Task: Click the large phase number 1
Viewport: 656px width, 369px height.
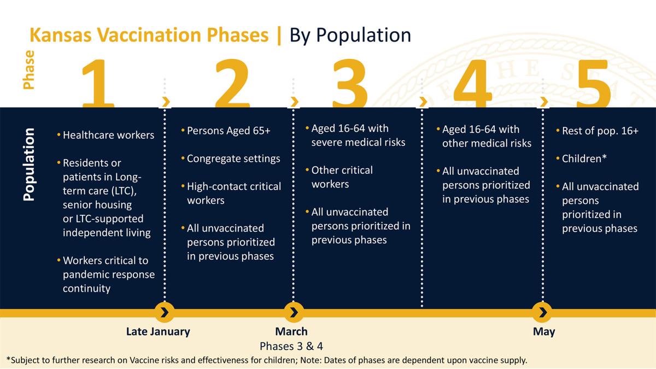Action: pos(98,84)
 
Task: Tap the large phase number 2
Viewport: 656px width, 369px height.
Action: pos(232,84)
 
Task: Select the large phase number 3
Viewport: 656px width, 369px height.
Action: pos(350,84)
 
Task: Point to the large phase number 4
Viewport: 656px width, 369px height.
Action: pos(473,84)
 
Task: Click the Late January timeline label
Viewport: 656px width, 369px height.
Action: pos(158,332)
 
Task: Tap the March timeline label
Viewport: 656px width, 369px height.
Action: pos(291,331)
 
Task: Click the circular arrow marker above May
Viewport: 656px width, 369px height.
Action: pos(542,313)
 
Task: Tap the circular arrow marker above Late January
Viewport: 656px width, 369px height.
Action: pos(165,313)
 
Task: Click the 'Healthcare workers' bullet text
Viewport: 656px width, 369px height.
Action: pos(108,135)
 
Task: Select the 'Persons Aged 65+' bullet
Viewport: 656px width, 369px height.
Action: pos(229,131)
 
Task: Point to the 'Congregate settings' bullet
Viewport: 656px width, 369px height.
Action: pos(233,159)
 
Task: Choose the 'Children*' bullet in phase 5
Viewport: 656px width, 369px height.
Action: pos(584,159)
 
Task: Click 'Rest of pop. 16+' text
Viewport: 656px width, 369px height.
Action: pos(600,131)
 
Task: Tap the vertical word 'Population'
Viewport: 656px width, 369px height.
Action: pos(29,165)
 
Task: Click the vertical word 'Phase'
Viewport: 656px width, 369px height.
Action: pos(28,70)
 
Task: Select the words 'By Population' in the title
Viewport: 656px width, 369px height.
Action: pos(350,36)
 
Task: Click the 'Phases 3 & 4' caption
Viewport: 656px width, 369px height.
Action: pos(291,346)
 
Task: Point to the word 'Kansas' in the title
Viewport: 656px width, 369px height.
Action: pos(61,35)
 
